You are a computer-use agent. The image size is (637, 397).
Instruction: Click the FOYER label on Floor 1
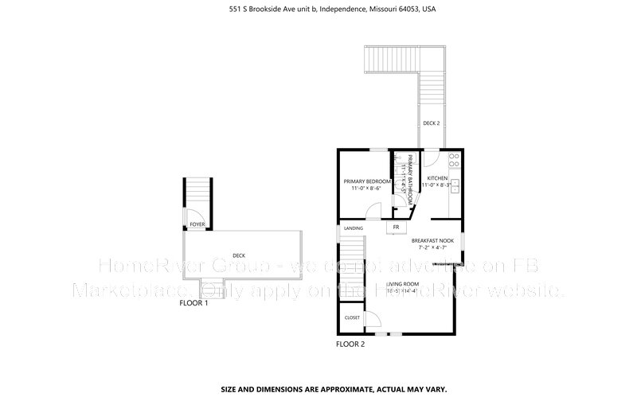[197, 225]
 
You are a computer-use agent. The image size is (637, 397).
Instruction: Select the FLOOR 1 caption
[193, 303]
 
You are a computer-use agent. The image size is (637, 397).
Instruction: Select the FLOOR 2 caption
[350, 344]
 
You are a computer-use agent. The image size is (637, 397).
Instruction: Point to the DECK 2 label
[431, 123]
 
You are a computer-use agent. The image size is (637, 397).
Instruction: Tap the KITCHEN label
[438, 177]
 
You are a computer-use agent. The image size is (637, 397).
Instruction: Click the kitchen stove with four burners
[453, 158]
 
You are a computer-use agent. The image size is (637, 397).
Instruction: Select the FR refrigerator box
[394, 228]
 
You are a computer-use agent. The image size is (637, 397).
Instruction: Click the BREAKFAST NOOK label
[432, 240]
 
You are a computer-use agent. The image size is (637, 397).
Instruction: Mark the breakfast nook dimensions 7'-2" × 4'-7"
[432, 248]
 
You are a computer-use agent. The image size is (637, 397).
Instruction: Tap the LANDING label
[354, 228]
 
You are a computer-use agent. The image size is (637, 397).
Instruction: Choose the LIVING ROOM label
[402, 283]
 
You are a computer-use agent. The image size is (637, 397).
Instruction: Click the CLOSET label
[352, 317]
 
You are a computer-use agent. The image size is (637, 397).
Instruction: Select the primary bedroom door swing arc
[373, 211]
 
